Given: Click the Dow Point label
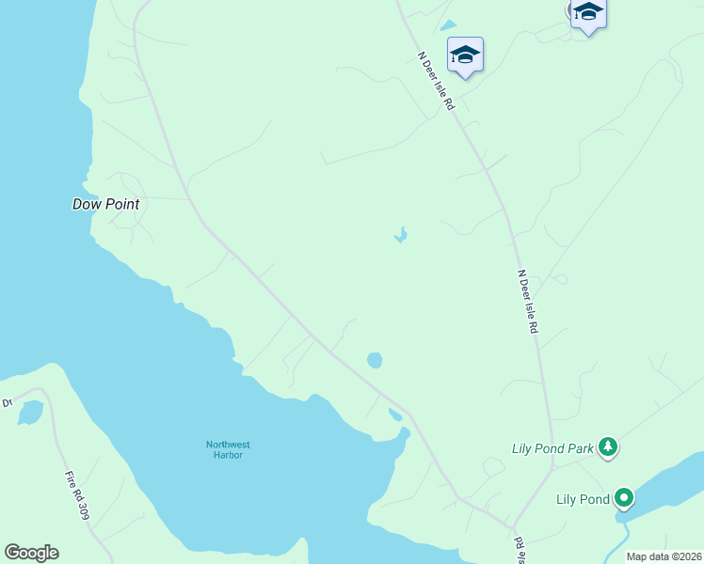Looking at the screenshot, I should tap(105, 204).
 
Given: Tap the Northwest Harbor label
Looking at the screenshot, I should tap(228, 449).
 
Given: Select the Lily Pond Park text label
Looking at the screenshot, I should tap(552, 448).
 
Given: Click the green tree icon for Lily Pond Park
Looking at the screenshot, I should tap(608, 447).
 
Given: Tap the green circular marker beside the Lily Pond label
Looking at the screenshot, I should tap(624, 498).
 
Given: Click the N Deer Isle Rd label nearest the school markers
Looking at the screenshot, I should tap(437, 81).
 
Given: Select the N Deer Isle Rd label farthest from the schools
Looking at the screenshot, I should tap(528, 303).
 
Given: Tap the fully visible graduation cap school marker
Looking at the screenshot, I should tap(465, 55).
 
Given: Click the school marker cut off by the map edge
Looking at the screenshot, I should tap(588, 13).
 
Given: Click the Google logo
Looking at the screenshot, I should tap(31, 553).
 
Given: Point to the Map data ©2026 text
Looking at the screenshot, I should tap(664, 556).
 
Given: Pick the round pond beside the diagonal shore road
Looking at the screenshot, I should tap(375, 360).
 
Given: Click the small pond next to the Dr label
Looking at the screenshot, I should tap(30, 412).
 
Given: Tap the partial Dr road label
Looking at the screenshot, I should tap(7, 402).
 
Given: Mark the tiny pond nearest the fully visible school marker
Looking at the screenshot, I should tap(448, 25).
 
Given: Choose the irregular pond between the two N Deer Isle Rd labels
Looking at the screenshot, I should tap(401, 234).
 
